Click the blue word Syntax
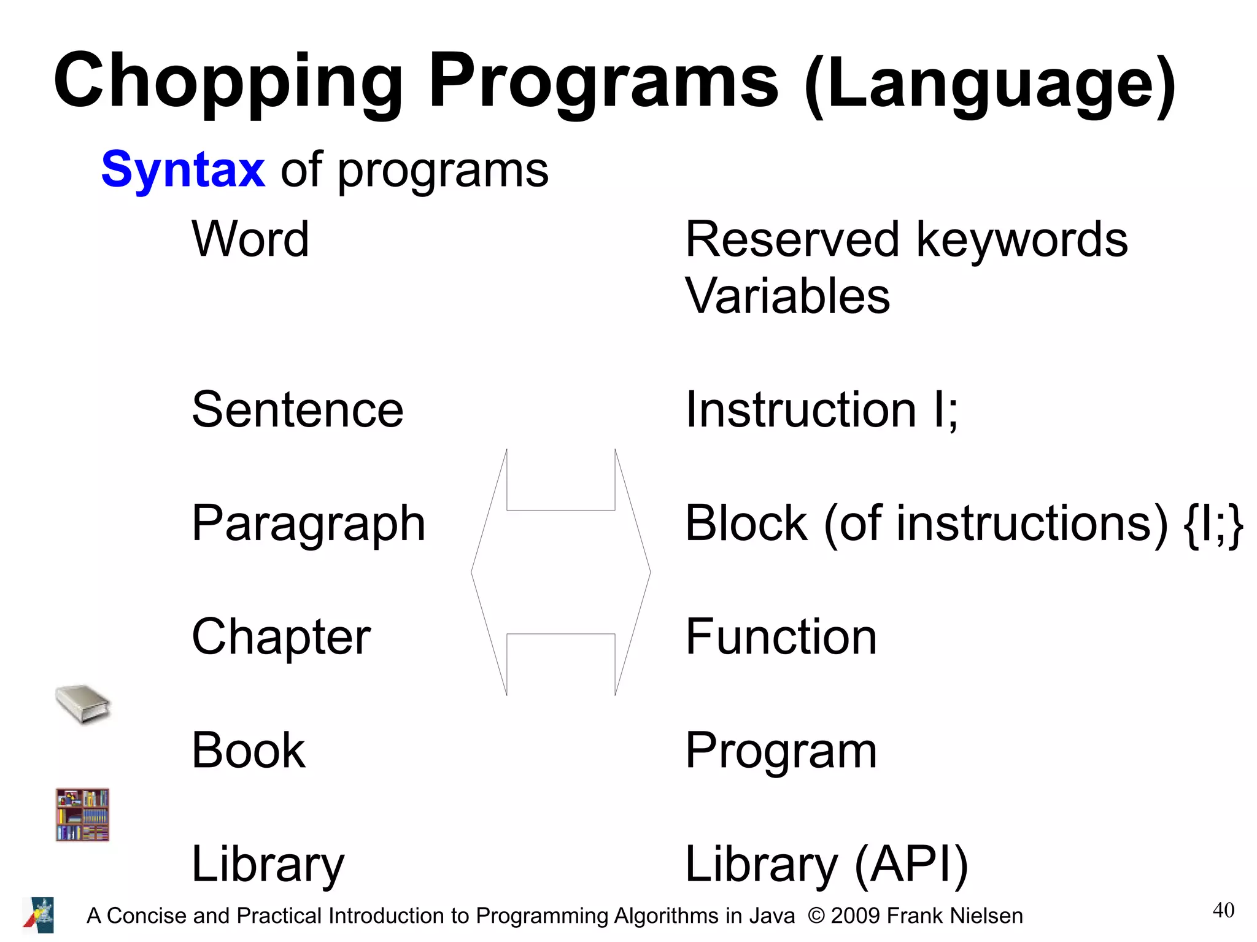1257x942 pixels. [183, 170]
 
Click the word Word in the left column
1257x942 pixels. [250, 239]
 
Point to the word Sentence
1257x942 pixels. [298, 410]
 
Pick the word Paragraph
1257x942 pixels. [308, 524]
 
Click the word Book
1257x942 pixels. [248, 751]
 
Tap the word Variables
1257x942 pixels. [787, 296]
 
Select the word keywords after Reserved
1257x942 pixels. [1022, 240]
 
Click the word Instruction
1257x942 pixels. [800, 410]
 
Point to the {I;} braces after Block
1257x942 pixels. [1213, 525]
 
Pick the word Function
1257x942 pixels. [781, 637]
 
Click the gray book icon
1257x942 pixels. [82, 704]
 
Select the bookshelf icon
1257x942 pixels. [82, 814]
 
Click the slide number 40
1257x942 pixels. [1223, 910]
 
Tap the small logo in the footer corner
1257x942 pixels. [39, 915]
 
